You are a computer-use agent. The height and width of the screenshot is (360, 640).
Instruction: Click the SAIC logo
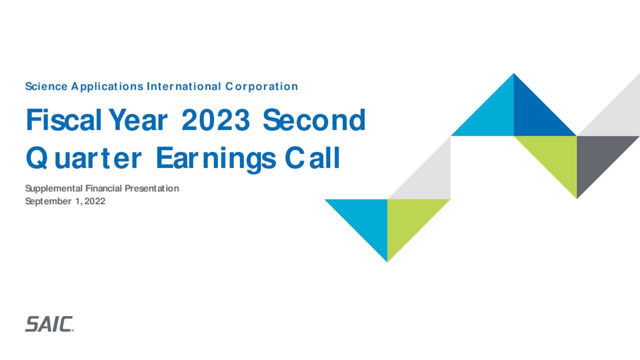49,324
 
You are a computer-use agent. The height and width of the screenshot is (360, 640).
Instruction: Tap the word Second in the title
314,120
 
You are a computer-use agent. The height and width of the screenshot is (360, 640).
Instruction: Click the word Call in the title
312,159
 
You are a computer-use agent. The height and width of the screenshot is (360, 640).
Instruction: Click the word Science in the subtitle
46,86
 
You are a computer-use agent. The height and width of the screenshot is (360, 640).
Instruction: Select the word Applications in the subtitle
106,86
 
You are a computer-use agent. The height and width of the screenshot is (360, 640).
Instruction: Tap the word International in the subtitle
183,86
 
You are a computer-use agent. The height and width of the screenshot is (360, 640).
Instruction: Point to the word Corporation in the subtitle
261,86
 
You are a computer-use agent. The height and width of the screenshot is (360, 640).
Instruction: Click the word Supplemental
54,188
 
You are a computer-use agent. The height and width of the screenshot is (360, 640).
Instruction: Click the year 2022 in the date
95,201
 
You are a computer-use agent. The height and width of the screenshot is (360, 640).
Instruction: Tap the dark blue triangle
534,115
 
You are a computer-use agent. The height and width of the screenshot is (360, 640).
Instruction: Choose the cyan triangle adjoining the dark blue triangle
492,115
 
